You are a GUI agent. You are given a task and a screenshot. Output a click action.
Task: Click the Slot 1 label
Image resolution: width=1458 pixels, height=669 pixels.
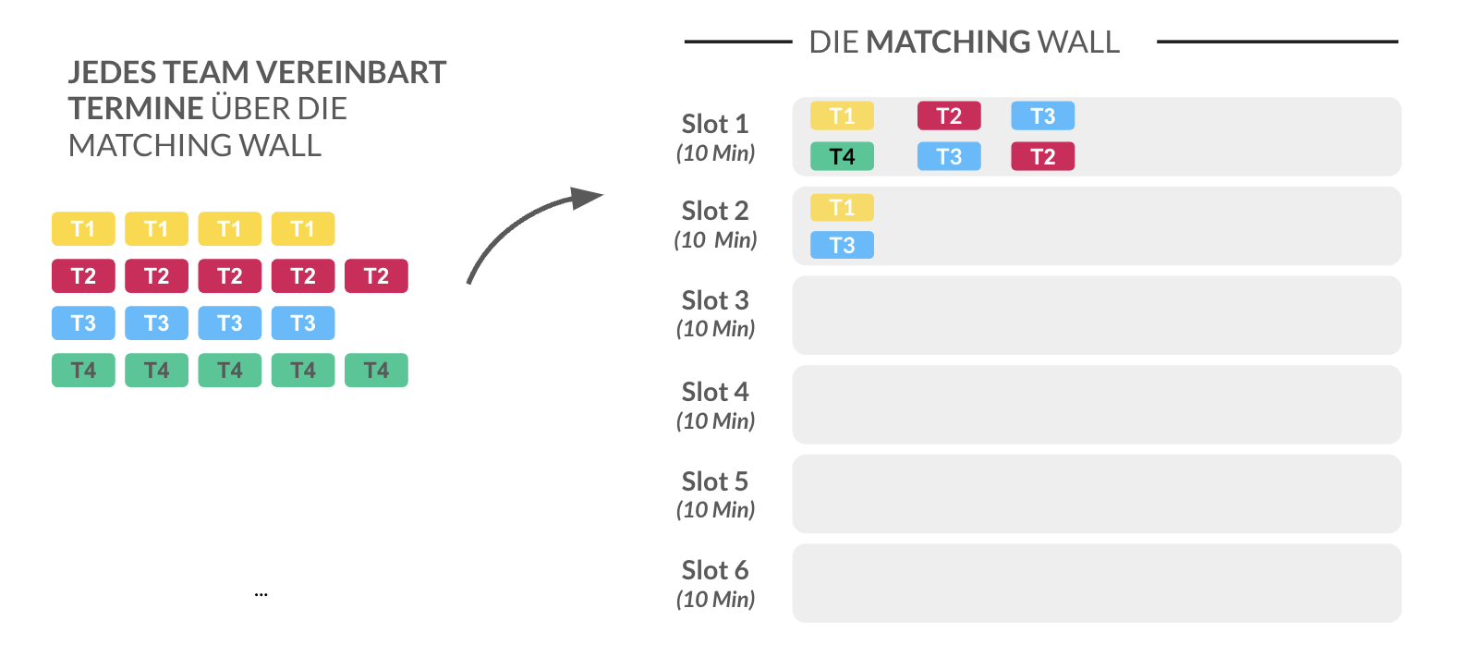coord(714,124)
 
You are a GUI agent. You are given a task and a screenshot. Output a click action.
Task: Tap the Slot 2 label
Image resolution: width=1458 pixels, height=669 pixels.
coord(714,211)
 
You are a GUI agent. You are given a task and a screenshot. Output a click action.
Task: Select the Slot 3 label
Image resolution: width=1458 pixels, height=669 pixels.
coord(714,300)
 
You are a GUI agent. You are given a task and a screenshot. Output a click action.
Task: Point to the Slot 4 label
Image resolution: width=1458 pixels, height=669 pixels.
coord(714,392)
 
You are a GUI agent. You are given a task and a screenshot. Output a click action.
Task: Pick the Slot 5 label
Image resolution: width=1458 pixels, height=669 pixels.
coord(714,481)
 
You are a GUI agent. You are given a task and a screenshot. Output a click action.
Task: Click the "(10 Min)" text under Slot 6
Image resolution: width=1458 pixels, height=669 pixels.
coord(715,600)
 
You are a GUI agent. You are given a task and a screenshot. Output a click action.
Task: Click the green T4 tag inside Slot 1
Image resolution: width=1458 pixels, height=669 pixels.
coord(842,157)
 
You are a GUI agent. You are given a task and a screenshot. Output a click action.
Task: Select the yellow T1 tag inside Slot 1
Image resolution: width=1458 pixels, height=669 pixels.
coord(842,116)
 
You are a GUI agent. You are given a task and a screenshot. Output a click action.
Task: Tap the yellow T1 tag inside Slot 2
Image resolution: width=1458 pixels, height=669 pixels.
coord(842,208)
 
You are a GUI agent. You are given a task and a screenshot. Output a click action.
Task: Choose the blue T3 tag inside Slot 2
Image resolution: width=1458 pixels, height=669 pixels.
coord(842,245)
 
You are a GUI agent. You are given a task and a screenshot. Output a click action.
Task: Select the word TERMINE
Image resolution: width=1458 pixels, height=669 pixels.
coord(135,109)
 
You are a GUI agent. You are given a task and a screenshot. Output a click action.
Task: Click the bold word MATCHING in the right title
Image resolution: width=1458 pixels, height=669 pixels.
coord(948,43)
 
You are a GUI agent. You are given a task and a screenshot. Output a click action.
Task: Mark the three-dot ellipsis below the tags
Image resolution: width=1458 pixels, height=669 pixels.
coord(261,594)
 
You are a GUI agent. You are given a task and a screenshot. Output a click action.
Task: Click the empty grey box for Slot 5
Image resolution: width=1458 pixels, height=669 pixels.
coord(1096,493)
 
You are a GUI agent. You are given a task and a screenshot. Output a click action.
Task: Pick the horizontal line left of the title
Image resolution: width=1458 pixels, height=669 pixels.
coord(737,42)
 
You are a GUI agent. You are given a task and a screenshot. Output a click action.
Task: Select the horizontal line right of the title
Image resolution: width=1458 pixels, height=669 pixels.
coord(1277,42)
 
